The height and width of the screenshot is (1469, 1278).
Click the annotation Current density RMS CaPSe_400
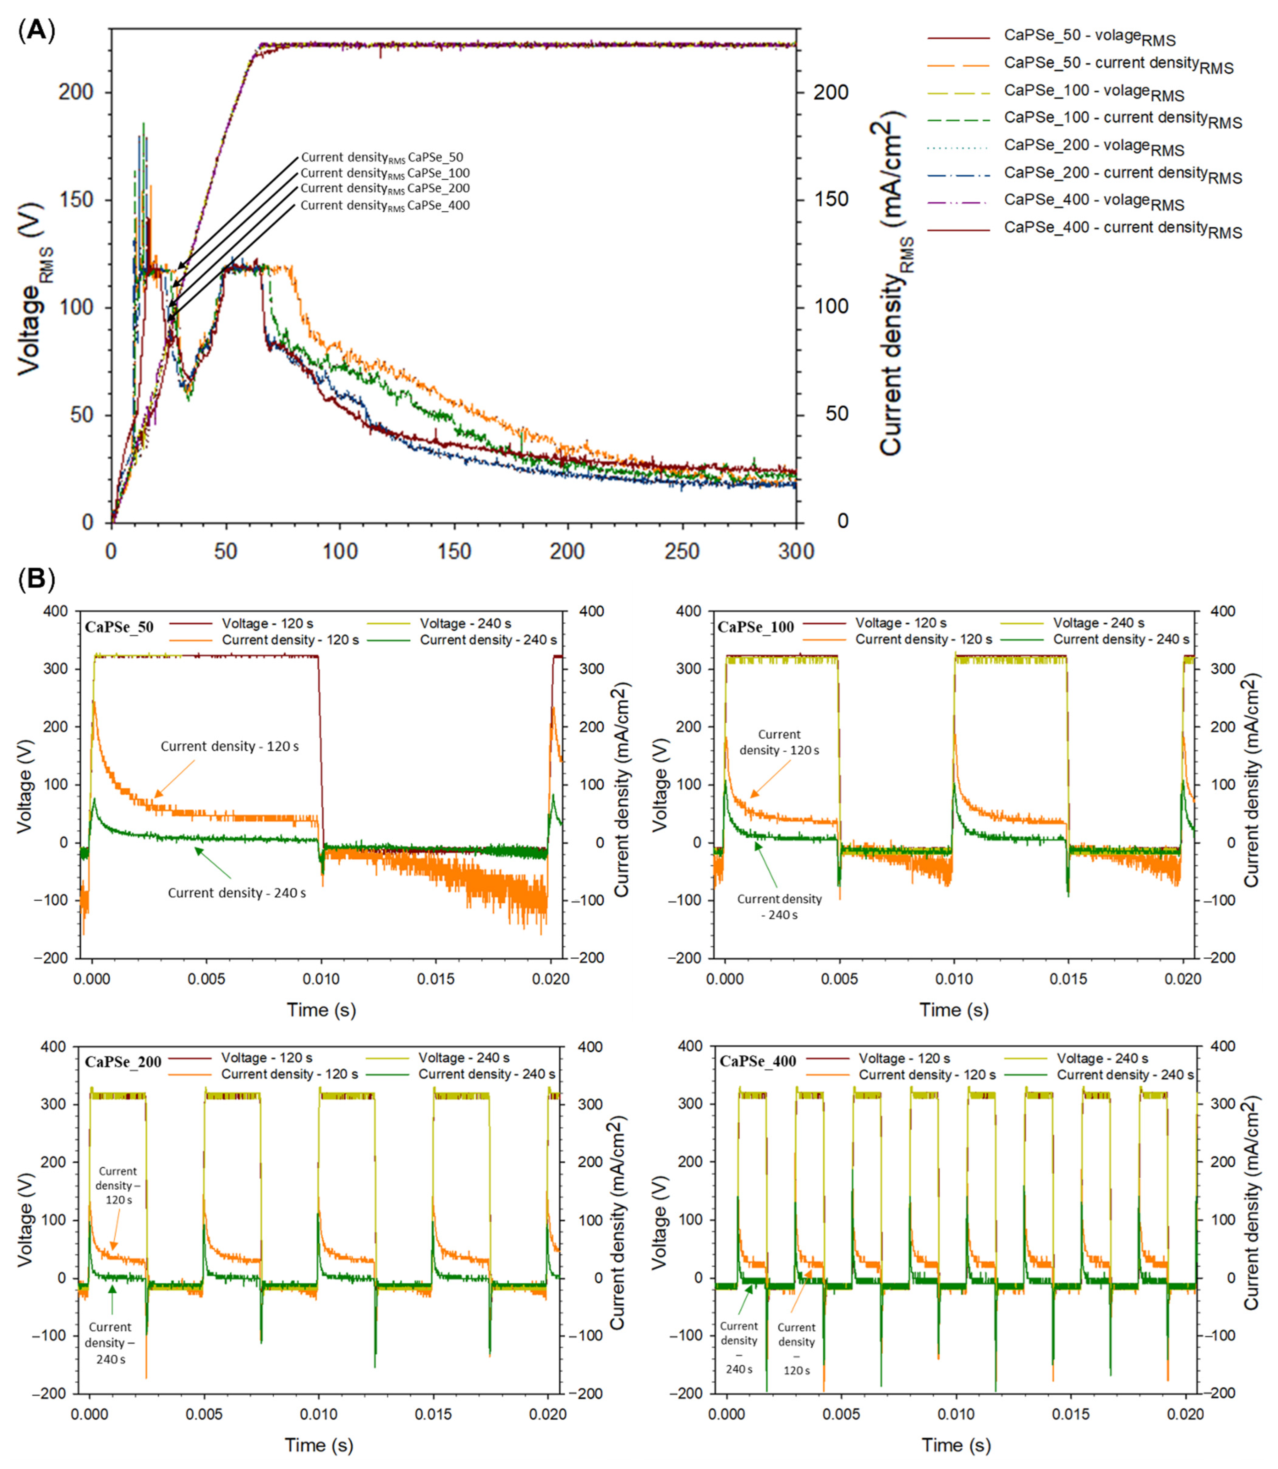coord(385,206)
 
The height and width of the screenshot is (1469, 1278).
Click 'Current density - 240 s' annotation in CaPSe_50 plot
coord(237,893)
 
